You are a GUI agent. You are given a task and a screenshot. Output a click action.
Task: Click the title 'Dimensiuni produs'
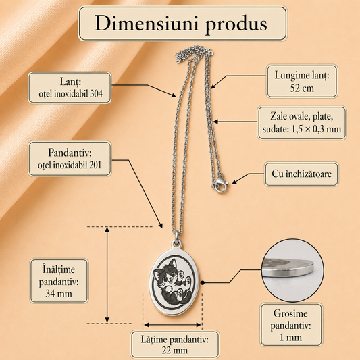(x=181, y=24)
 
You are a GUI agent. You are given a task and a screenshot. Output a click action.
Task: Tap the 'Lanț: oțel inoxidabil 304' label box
(x=70, y=88)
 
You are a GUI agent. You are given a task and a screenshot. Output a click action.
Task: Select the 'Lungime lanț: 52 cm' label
(x=302, y=81)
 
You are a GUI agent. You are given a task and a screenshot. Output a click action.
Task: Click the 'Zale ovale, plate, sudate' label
(x=302, y=123)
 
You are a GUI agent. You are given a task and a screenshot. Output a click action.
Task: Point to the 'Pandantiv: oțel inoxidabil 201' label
(x=70, y=159)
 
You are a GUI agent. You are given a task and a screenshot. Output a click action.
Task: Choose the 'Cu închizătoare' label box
(x=301, y=174)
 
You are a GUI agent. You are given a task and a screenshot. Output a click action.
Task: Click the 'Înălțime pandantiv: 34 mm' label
(x=59, y=281)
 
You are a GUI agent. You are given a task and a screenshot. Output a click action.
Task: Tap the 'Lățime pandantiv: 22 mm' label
(x=174, y=344)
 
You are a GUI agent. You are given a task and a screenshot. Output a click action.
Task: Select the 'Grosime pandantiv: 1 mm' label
(x=291, y=325)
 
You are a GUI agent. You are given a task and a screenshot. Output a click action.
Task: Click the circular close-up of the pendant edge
(x=292, y=270)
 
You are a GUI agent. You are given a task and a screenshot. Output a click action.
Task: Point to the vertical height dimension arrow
(x=107, y=275)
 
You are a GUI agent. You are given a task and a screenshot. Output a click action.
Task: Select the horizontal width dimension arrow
(x=173, y=325)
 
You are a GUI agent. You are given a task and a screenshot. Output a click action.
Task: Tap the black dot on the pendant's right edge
(x=202, y=282)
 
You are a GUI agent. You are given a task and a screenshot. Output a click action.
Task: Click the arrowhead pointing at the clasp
(x=234, y=182)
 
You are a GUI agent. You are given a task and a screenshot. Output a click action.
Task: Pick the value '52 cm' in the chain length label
(x=302, y=88)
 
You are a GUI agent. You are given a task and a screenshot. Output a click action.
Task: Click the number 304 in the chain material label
(x=96, y=94)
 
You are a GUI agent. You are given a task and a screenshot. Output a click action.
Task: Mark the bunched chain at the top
(x=194, y=54)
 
